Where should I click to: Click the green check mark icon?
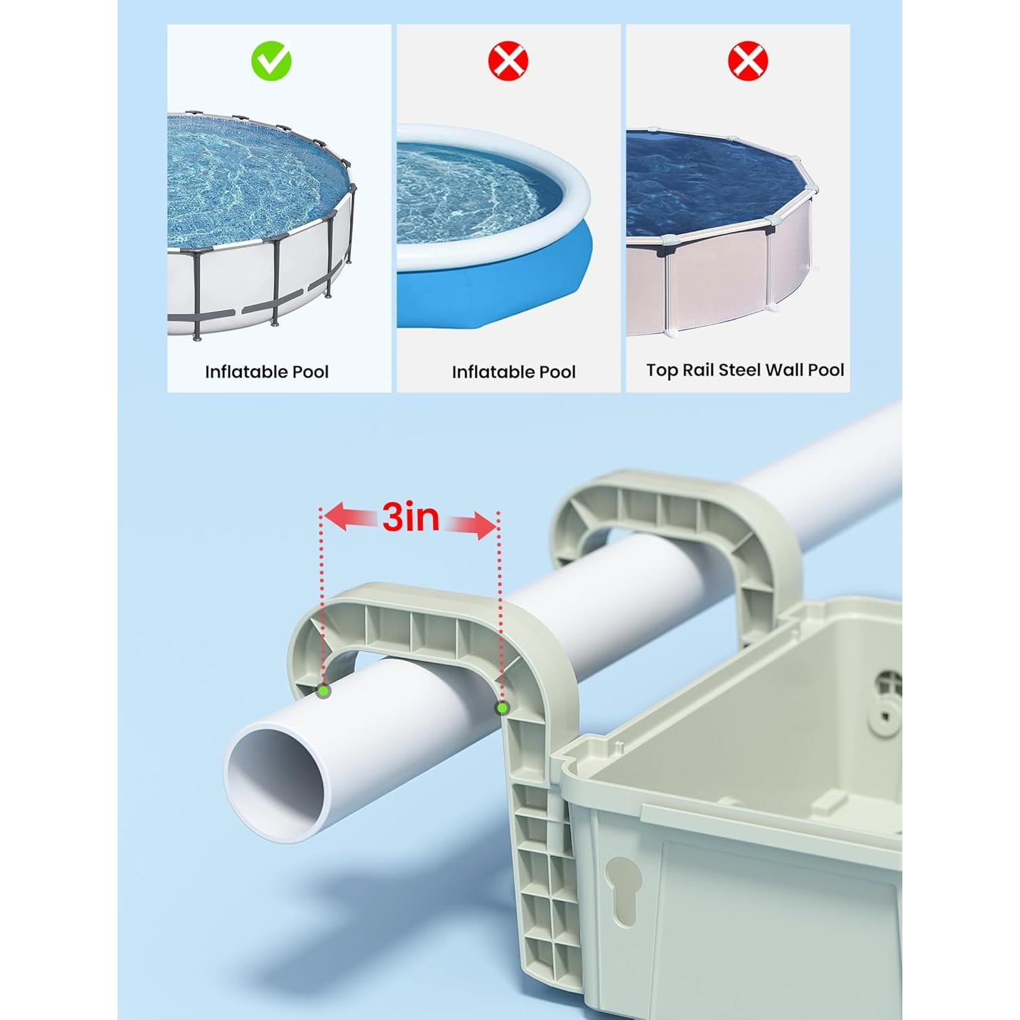point(271,61)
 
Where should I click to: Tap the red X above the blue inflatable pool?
point(508,61)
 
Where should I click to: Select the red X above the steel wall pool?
point(747,61)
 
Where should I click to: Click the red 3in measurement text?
point(410,517)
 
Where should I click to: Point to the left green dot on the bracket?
point(324,692)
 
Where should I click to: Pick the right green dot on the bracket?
point(502,708)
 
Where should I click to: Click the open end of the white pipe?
point(275,783)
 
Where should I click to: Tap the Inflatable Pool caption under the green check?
point(267,372)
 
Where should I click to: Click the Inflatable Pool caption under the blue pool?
point(513,372)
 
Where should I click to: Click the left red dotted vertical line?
point(321,598)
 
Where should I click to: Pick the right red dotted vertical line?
point(500,612)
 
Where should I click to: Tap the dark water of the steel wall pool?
point(707,184)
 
